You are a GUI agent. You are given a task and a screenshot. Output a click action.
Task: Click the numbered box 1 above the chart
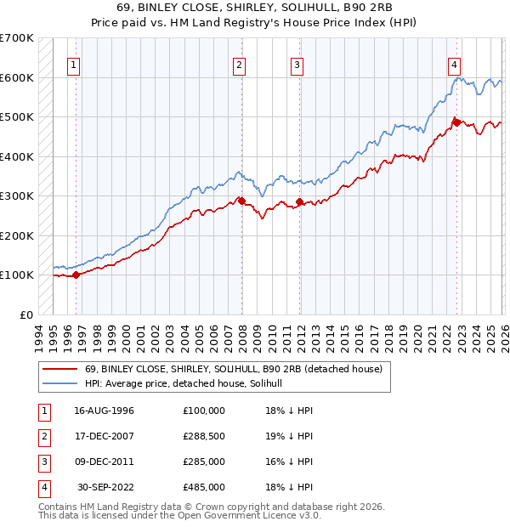coord(75,65)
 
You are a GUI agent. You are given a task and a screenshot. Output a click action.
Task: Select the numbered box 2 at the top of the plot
coord(240,65)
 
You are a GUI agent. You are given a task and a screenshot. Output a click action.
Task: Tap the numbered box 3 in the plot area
coord(297,65)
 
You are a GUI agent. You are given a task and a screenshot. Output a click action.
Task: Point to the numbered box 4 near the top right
coord(455,65)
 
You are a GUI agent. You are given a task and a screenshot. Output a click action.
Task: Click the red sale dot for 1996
coord(76,275)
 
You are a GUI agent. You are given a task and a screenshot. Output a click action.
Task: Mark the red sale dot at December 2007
coord(241,201)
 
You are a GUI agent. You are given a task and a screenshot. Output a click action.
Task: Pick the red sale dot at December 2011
coord(299,202)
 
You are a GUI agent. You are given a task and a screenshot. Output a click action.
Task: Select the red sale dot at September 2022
coord(456,122)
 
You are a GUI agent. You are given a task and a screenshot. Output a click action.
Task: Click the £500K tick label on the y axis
coord(17,116)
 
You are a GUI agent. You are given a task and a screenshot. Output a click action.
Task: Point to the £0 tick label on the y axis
coord(27,314)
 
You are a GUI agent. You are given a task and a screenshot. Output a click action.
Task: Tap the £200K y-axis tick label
coord(17,235)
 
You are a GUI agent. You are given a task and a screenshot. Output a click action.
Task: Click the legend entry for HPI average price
coord(189,383)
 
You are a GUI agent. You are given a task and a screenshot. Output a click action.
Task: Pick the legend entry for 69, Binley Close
coord(235,369)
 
